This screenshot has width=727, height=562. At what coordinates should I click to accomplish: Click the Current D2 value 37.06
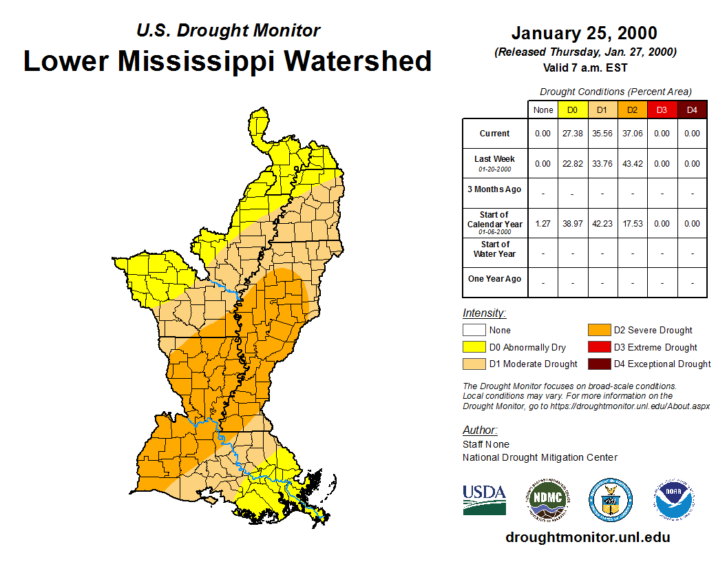coord(632,134)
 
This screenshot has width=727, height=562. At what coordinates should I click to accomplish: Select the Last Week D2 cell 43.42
coord(632,164)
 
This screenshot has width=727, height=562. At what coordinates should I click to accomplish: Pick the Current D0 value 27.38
coord(573,134)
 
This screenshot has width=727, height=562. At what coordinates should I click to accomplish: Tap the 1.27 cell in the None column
coord(543,224)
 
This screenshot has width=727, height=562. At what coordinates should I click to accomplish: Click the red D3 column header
coord(662,110)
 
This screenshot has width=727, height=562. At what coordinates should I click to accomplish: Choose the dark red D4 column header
coord(692,110)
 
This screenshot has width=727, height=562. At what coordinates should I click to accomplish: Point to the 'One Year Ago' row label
coord(494,280)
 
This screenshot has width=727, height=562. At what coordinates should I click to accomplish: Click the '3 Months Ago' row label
coord(494,189)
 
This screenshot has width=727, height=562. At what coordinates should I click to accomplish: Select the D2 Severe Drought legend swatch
coord(598,331)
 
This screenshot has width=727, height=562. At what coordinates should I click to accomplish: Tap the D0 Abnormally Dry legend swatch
coord(474,347)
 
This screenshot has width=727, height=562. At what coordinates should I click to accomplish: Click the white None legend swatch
coord(474,331)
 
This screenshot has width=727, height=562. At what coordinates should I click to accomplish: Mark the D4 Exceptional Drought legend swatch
coord(598,364)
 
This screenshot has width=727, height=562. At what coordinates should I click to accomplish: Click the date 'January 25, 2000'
coord(584,33)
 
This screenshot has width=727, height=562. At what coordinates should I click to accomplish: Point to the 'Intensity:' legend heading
coord(484,313)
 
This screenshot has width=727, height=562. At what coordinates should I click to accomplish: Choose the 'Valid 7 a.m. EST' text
coord(584,67)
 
